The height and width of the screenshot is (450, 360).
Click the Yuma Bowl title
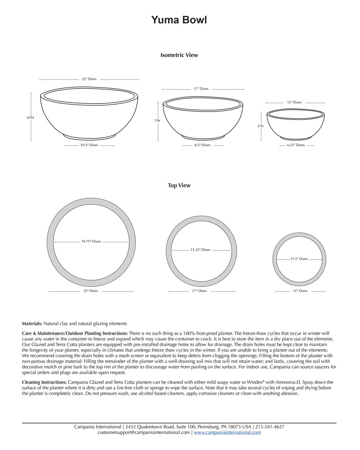coord(179,20)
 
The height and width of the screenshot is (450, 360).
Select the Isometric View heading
coord(179,55)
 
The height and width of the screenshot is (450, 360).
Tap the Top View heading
coord(179,185)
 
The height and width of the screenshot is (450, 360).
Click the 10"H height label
coord(30,118)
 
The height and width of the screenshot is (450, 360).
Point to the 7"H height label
coord(157,121)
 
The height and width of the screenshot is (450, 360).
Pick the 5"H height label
coord(260,126)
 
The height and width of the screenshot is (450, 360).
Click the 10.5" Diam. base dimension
coord(89,145)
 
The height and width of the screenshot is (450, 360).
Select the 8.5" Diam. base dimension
coord(203,145)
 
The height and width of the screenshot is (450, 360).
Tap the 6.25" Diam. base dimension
coord(296,145)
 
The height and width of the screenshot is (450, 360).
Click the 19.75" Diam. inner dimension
coord(91,242)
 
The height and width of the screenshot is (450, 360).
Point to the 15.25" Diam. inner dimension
coord(201,250)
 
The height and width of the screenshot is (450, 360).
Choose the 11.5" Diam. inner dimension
coord(299,259)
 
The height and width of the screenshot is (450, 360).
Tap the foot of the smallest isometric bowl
coord(296,138)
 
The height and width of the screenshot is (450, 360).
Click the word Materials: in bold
coord(32,324)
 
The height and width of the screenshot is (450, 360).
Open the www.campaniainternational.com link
coord(227,432)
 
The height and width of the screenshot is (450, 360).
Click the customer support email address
coord(143,432)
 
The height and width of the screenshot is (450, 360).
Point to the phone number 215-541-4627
coord(270,427)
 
